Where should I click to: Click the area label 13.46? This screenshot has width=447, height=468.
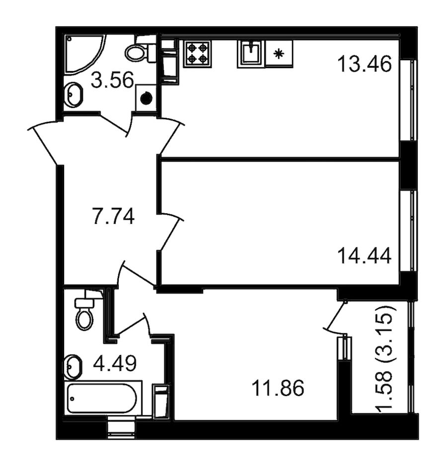(365, 65)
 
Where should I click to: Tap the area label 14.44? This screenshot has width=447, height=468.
(365, 257)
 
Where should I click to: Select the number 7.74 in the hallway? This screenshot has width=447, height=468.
(114, 216)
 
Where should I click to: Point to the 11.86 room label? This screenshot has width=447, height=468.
(278, 388)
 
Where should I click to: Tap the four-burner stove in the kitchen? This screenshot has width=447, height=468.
(197, 54)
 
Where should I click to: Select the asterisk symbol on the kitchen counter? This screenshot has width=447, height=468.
(279, 54)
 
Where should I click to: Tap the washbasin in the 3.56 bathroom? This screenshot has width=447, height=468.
(74, 94)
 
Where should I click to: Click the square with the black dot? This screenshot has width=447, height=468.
(146, 98)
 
